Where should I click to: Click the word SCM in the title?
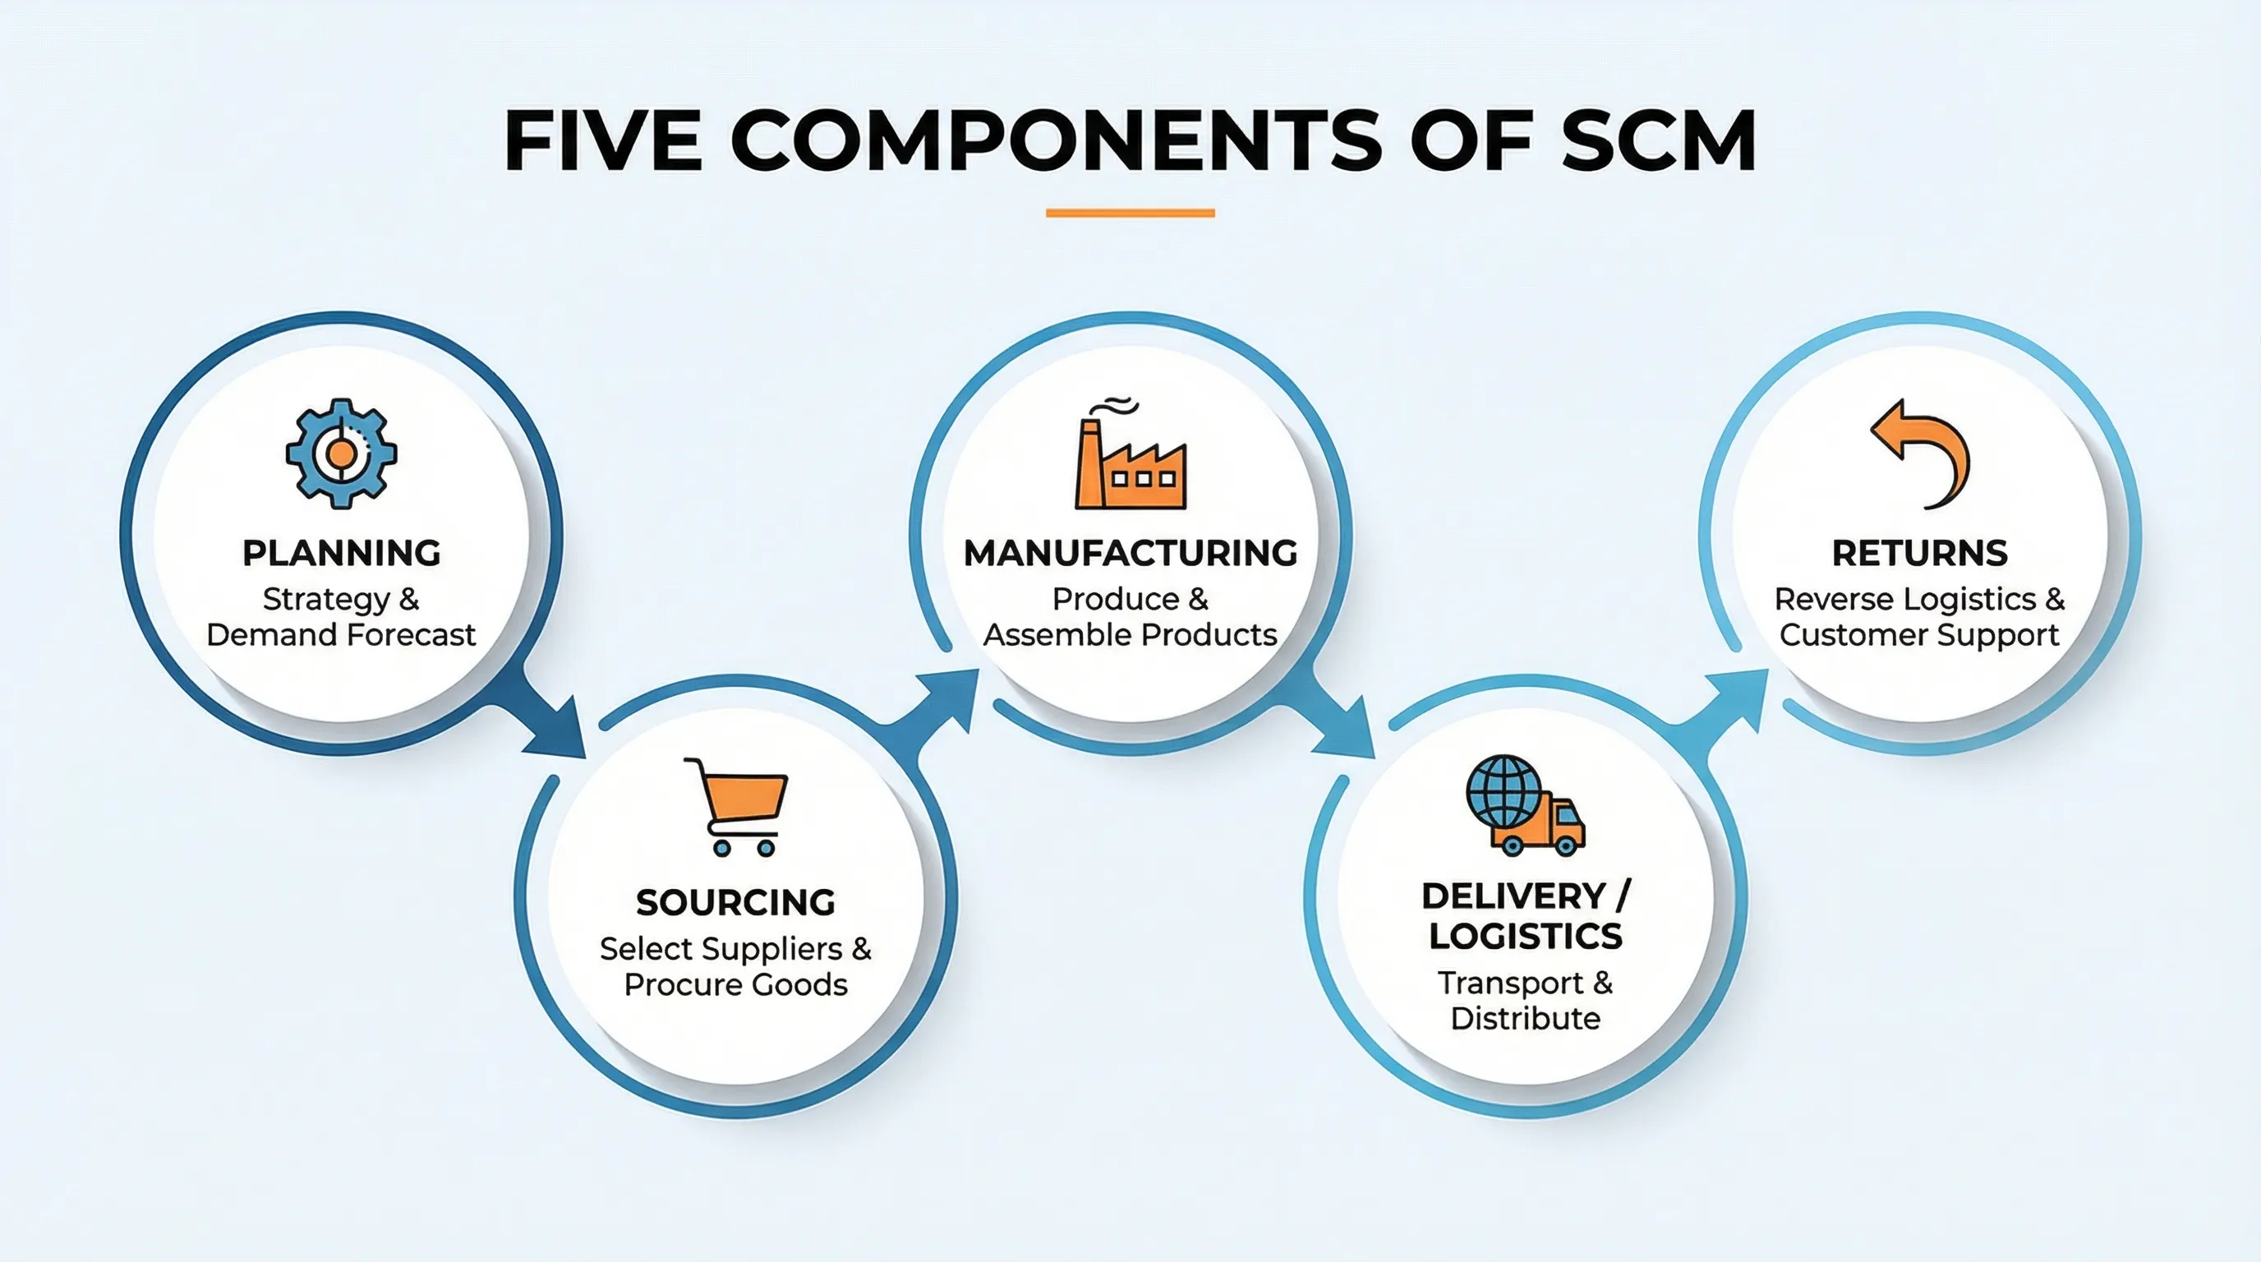1658,140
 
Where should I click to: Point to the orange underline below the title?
1130,212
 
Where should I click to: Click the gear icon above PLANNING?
341,453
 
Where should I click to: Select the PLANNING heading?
342,553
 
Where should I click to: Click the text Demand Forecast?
341,634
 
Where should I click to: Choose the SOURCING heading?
735,902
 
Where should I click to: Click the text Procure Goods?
735,984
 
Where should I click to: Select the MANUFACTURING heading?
1130,553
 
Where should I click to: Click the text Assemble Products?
1130,634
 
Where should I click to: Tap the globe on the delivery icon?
1503,790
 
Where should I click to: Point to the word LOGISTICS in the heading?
1526,937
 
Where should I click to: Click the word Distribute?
1526,1019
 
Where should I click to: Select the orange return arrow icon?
1923,453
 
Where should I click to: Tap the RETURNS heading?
1919,553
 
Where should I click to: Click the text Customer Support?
1919,634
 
